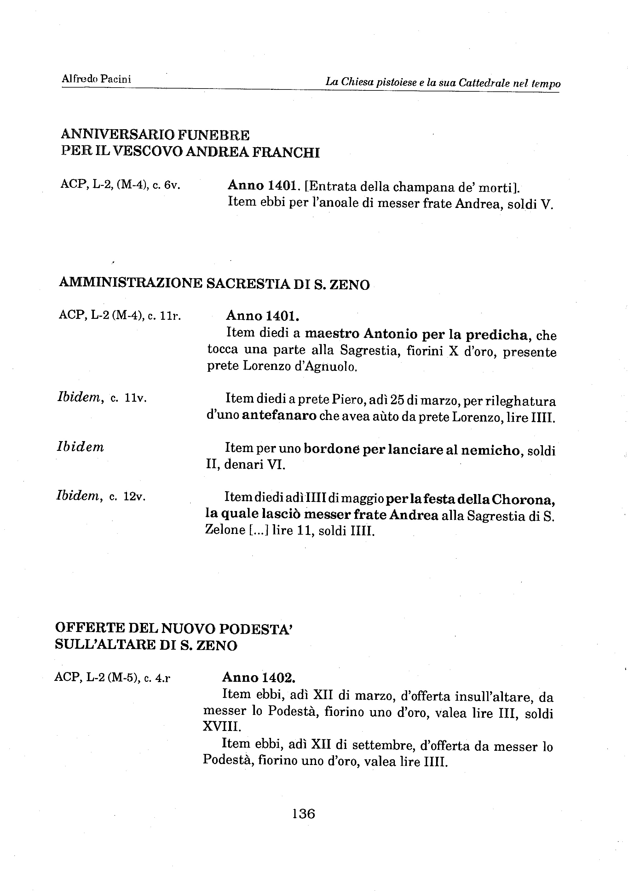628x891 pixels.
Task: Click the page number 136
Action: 303,813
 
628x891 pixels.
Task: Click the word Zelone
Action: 224,531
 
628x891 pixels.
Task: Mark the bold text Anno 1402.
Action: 259,678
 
